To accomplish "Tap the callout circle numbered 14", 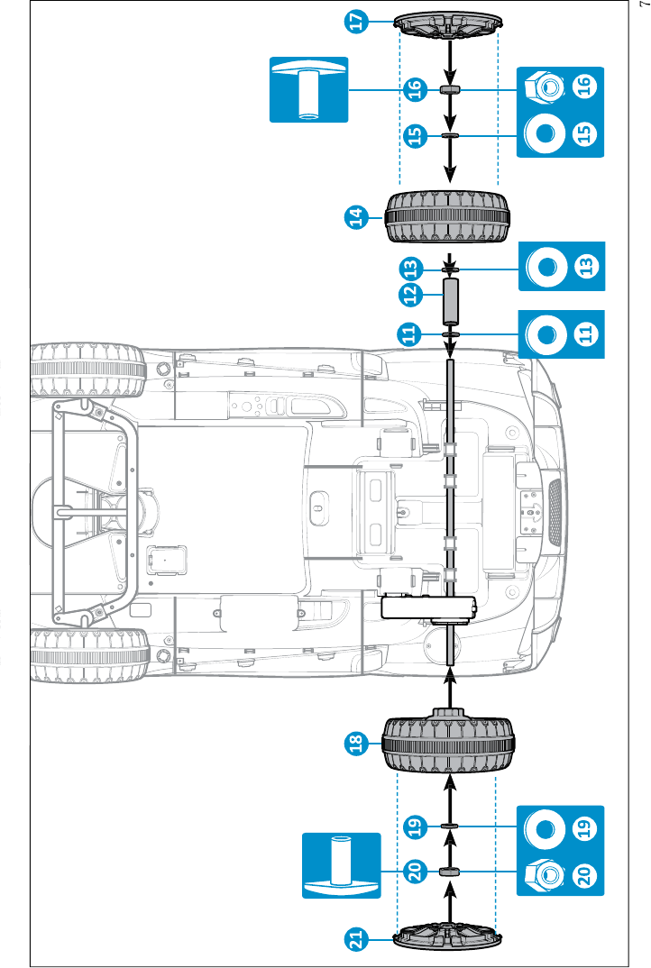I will coord(357,216).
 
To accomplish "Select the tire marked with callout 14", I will coord(448,216).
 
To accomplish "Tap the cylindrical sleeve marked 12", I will coord(450,302).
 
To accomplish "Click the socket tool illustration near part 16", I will coord(308,88).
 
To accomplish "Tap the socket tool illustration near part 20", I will coord(340,866).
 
